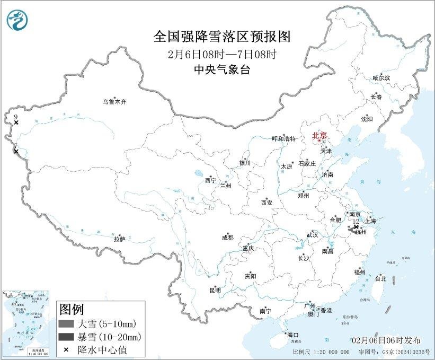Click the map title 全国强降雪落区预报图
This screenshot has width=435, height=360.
223,37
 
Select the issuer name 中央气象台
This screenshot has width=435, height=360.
222,69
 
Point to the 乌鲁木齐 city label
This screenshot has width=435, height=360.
115,101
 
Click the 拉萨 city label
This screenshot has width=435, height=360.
119,239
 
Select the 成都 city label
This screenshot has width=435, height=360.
227,238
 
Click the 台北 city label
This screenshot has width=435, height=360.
380,278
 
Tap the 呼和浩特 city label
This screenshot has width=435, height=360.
283,138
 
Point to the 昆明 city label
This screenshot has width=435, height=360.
215,291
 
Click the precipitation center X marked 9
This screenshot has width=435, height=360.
16,122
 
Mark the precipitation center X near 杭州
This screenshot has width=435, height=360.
356,227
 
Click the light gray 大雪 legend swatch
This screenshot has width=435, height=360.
66,324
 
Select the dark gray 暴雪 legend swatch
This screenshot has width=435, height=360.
66,337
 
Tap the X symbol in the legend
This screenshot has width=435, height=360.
66,349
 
